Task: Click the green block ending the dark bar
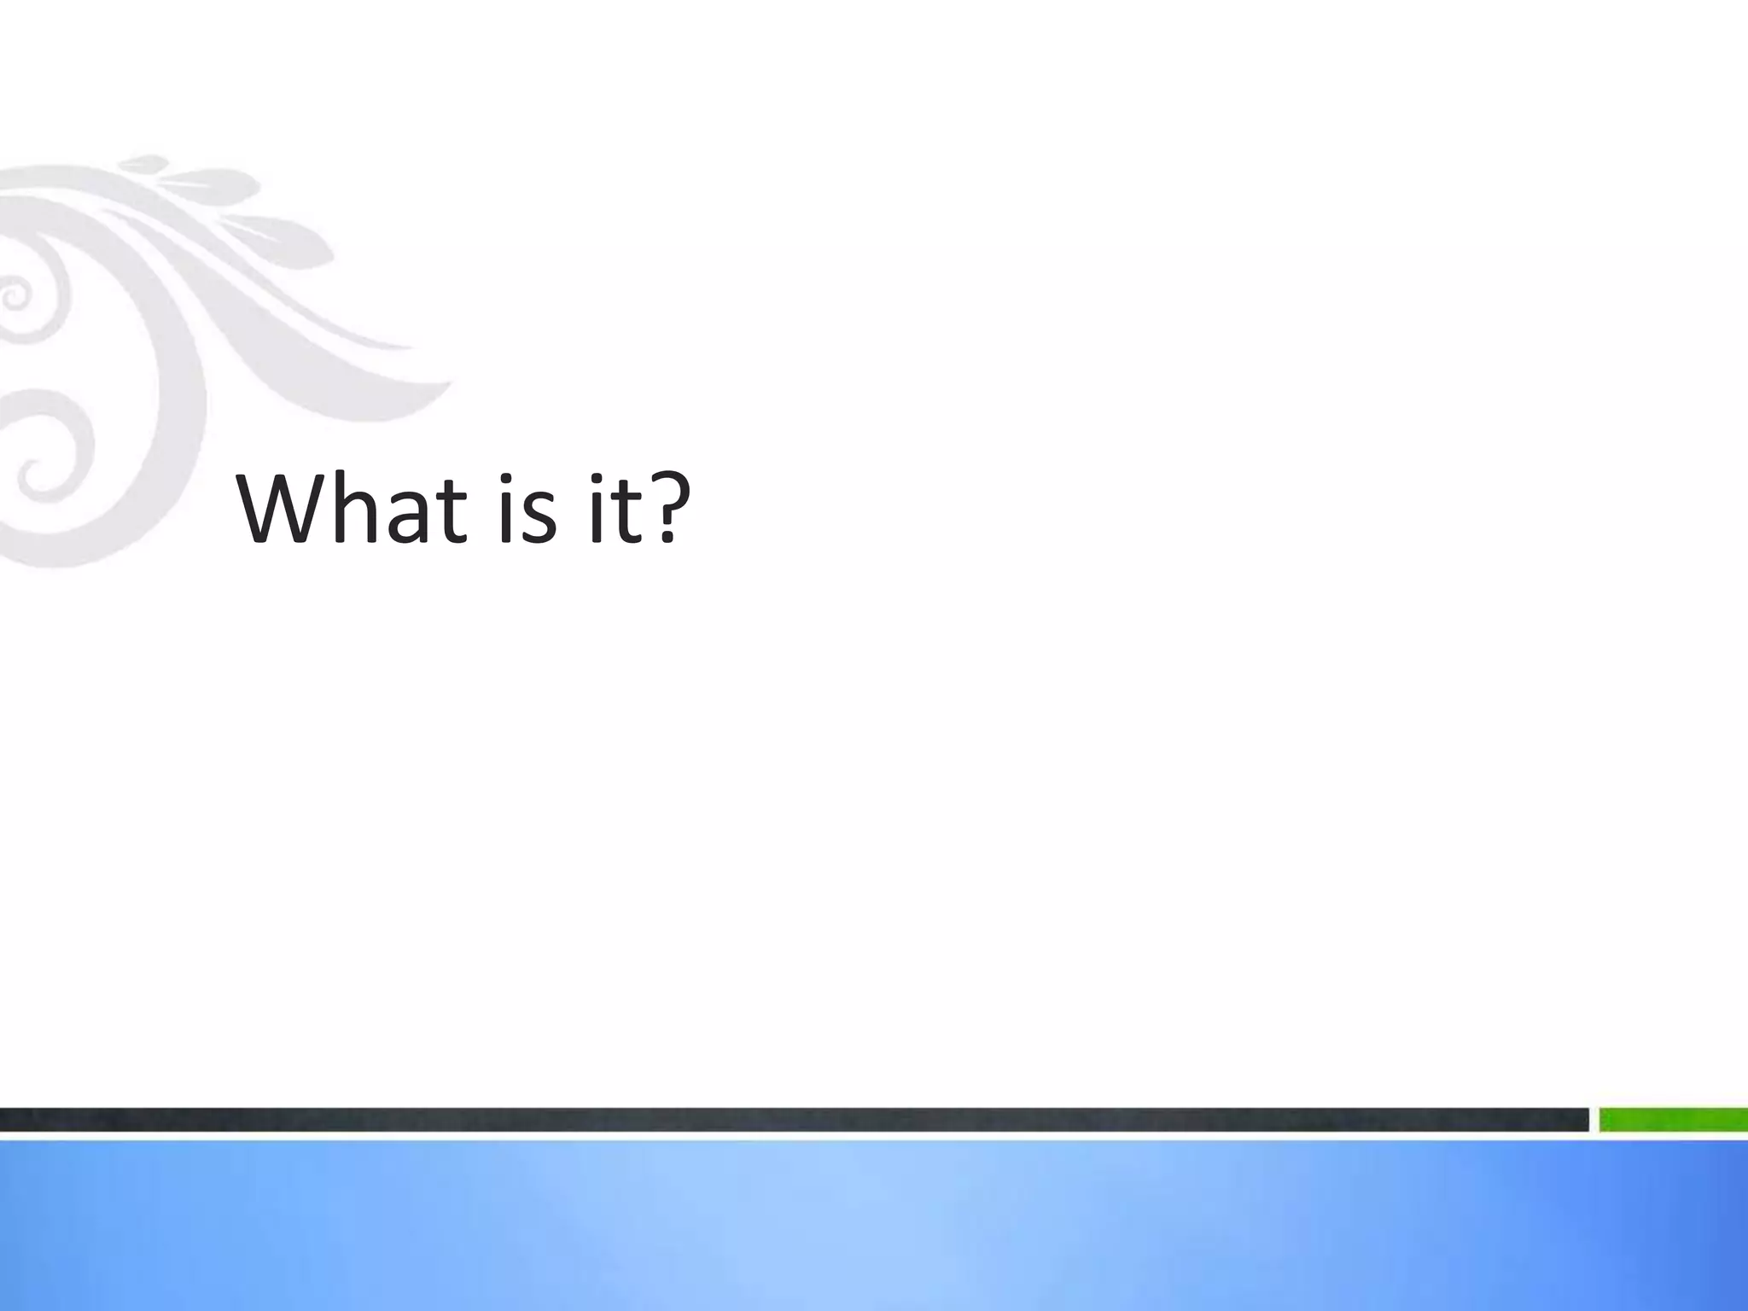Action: click(1673, 1120)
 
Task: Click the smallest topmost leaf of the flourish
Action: click(145, 162)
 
